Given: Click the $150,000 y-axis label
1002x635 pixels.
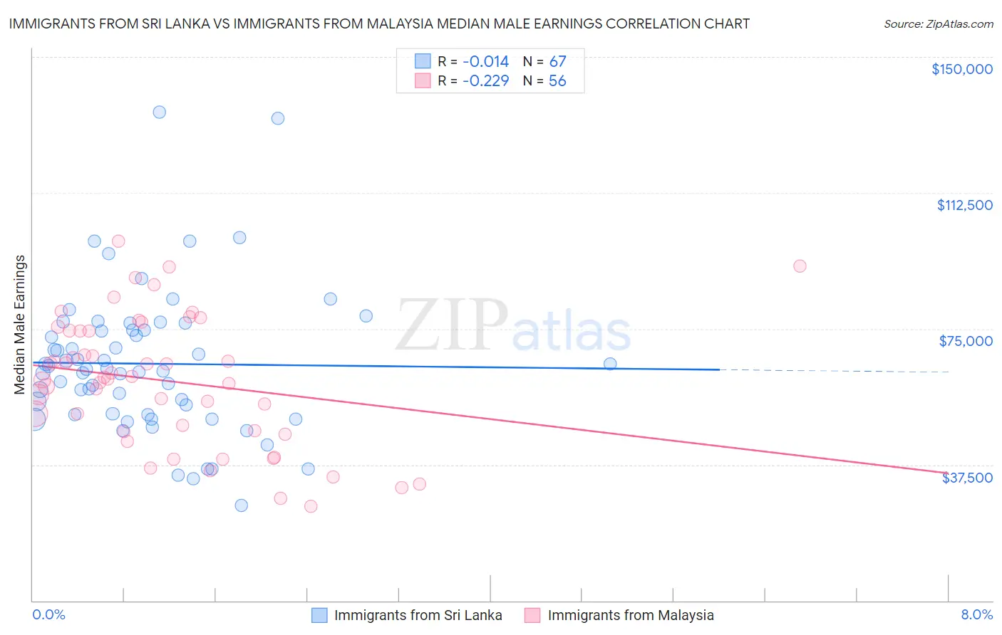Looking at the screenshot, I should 961,69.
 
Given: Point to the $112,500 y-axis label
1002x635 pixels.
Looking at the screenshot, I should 964,205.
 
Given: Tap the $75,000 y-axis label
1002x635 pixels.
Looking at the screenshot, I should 966,341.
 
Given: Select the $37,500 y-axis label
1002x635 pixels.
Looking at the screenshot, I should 967,478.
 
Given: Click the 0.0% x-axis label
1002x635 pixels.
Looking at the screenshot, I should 48,614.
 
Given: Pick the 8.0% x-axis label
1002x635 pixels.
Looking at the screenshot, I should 976,614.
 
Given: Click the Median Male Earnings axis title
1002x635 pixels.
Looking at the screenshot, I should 20,325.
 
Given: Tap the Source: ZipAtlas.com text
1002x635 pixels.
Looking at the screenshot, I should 938,23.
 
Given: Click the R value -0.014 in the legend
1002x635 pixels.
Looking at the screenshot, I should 485,61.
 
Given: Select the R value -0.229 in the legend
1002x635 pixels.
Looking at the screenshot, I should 485,80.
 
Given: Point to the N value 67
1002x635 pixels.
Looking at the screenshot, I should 557,61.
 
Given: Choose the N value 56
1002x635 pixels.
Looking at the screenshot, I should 557,80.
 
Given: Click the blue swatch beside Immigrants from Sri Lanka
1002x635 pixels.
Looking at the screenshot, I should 319,615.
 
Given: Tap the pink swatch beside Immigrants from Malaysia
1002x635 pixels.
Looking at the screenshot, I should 532,615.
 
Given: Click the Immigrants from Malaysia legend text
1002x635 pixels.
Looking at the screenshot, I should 630,615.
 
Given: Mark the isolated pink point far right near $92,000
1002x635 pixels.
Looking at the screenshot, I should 800,266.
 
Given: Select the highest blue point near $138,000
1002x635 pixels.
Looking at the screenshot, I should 160,112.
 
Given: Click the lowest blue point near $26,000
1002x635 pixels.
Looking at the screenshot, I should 242,505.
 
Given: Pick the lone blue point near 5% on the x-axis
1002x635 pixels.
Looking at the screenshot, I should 610,364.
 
